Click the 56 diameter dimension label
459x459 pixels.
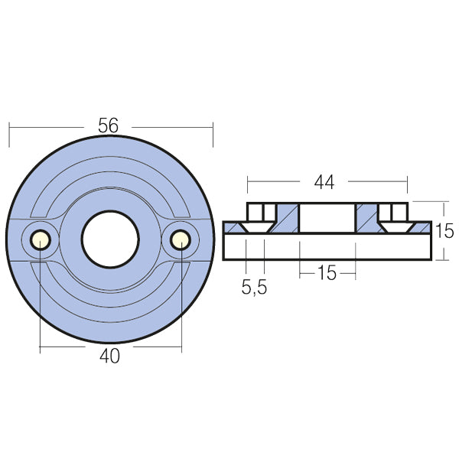tap(109, 125)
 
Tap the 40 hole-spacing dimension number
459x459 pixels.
tap(110, 356)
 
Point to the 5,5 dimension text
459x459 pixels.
tap(254, 289)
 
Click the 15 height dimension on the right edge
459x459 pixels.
tap(445, 231)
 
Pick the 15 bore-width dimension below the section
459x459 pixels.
tap(327, 272)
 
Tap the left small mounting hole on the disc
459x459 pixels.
tap(40, 240)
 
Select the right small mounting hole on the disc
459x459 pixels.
tap(181, 240)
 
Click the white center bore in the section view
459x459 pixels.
tap(327, 217)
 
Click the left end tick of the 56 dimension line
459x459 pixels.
tap(9, 134)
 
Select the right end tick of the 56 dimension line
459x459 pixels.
tap(213, 134)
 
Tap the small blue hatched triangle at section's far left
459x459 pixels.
tap(230, 227)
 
